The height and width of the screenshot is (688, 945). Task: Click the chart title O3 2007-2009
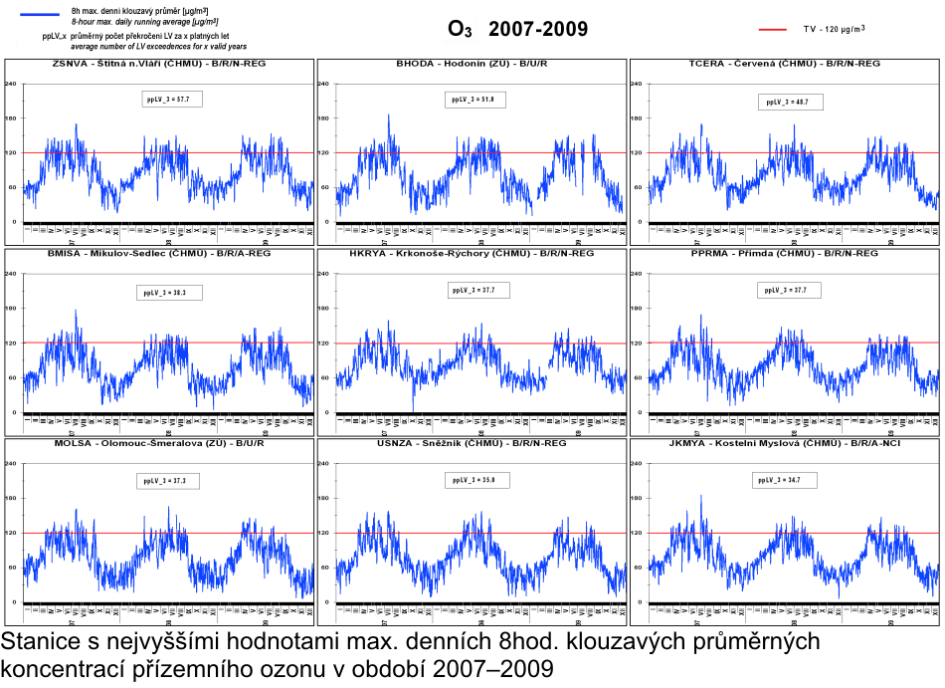517,29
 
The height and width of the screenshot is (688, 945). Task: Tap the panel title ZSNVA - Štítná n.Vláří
158,64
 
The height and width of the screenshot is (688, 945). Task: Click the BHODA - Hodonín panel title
472,64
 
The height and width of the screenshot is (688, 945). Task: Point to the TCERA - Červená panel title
784,64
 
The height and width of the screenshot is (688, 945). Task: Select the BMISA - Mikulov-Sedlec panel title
158,253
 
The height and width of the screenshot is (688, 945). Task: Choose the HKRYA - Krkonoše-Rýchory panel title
472,253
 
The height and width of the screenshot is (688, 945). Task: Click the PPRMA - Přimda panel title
784,253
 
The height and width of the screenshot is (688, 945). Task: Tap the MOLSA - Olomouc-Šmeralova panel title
158,442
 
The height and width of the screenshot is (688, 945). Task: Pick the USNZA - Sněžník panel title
472,442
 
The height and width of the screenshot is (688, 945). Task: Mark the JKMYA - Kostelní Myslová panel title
784,442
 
